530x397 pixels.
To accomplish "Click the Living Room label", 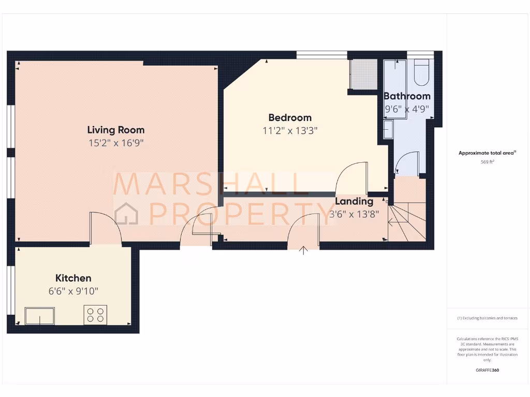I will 115,130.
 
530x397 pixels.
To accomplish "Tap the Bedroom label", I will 290,117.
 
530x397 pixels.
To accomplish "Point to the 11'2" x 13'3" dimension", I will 290,131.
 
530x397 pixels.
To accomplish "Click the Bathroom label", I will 407,96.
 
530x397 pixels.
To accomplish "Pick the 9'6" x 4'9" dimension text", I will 407,109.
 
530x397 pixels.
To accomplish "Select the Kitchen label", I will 73,278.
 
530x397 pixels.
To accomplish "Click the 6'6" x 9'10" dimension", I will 73,292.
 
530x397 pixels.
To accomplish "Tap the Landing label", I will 354,201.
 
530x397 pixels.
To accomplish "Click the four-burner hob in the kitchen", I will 95,315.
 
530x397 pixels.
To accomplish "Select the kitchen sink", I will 40,316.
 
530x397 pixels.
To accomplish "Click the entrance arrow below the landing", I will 304,250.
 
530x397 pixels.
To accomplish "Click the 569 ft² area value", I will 488,162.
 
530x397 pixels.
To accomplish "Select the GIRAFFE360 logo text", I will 488,370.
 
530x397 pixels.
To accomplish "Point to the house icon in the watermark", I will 126,213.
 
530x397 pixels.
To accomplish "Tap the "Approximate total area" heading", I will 487,153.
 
